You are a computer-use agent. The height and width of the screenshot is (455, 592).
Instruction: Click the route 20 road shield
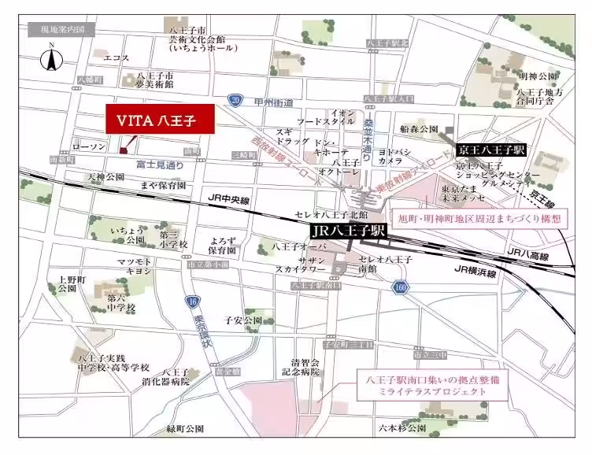(235, 99)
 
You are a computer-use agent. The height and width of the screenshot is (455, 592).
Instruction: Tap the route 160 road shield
(401, 287)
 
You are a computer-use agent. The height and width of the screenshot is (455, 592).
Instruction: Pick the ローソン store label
(88, 147)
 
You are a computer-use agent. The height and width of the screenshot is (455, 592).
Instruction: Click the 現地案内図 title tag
(62, 30)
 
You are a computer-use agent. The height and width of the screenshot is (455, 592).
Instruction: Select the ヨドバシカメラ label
(390, 155)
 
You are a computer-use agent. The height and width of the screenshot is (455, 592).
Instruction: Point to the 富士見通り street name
(159, 165)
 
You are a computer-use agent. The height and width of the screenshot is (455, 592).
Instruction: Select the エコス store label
(116, 57)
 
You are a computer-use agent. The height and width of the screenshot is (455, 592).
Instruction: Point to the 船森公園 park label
(418, 128)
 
